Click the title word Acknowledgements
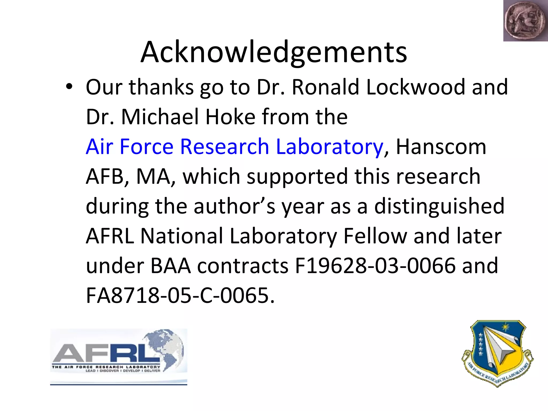[273, 52]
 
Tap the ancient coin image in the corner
[525, 21]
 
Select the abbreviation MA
[154, 177]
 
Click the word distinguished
[439, 206]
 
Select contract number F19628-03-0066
[375, 266]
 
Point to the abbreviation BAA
[171, 266]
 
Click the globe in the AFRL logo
[166, 348]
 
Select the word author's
[234, 206]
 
